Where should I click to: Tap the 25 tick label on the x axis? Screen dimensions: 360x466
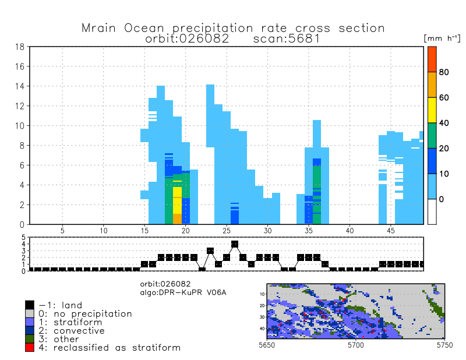tap(226, 231)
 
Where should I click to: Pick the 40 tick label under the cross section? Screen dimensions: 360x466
tap(349, 231)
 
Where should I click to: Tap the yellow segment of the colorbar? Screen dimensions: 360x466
tap(432, 110)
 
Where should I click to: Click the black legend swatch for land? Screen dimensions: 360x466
tap(30, 305)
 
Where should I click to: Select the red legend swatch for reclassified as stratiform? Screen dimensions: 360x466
tap(30, 347)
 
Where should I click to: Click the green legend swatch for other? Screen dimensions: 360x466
tap(30, 339)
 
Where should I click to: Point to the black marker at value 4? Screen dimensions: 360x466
tap(235, 244)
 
